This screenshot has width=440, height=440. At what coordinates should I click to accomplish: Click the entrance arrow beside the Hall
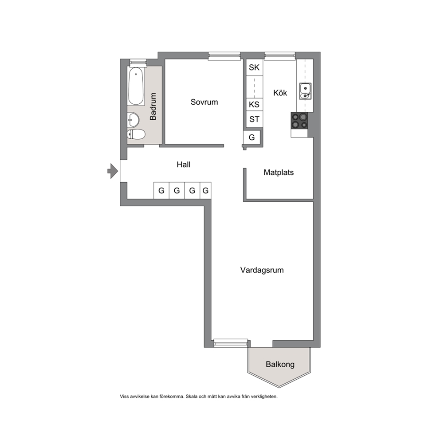pos(113,171)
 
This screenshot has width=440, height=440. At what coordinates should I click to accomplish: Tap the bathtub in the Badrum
pos(136,86)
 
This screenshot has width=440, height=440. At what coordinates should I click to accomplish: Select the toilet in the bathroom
pos(136,134)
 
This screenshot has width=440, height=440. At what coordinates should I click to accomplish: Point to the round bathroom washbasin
pos(133,120)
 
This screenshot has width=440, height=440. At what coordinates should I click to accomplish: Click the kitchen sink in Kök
pos(305,91)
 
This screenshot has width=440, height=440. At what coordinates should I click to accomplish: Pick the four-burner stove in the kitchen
pos(299,120)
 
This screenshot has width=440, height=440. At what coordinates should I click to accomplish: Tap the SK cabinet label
pos(254,67)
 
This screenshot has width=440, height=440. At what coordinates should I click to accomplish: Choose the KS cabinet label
pos(254,104)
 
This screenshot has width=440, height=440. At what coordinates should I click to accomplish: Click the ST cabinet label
pos(254,119)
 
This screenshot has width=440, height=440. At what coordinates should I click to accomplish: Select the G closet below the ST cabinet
pos(252,137)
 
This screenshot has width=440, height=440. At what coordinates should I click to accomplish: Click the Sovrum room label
pos(204,102)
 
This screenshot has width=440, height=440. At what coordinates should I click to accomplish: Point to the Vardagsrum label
pos(262,270)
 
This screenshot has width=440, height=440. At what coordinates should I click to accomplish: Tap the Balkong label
pos(280,364)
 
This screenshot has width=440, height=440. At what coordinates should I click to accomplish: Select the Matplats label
pos(279,172)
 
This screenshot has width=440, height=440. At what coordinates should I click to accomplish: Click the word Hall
pos(184,165)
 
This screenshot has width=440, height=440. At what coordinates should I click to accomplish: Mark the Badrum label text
pos(153,106)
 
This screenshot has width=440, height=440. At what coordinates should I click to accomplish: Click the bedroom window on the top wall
pos(224,56)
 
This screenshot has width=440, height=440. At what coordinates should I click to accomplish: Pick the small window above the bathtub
pos(138,63)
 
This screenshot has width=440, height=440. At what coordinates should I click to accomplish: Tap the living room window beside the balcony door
pos(231,343)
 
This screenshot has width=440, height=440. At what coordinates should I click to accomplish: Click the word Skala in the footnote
pos(191,397)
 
